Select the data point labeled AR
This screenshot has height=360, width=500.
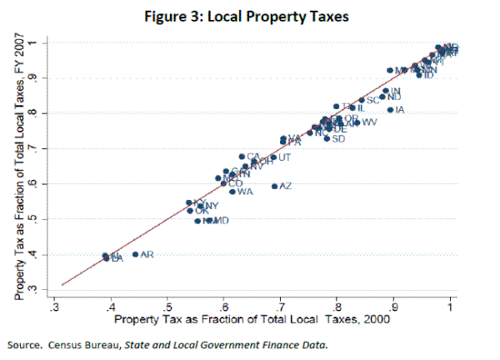coord(135,254)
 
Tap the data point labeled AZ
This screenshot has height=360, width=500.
coord(274,187)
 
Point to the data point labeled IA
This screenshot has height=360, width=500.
coord(390,110)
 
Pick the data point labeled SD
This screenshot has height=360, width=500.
coord(327,138)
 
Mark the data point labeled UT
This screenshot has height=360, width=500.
coord(273,157)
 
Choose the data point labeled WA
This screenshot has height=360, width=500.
coord(232,192)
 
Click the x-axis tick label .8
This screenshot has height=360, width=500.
coord(337,305)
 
